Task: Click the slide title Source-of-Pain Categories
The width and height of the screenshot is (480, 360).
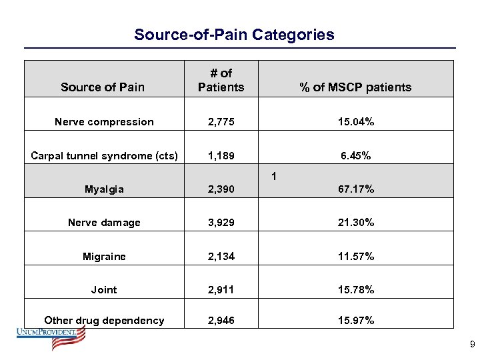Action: pyautogui.click(x=234, y=35)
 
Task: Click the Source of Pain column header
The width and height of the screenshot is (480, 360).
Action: pyautogui.click(x=102, y=87)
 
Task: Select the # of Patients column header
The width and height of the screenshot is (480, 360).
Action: pyautogui.click(x=221, y=80)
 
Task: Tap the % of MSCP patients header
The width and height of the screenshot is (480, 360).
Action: pyautogui.click(x=355, y=87)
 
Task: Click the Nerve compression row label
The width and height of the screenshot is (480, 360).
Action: pyautogui.click(x=104, y=122)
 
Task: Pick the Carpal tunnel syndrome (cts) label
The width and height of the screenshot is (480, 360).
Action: pyautogui.click(x=104, y=156)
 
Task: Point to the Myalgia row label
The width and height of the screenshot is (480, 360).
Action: pyautogui.click(x=104, y=189)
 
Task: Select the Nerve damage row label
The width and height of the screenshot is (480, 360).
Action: pyautogui.click(x=104, y=223)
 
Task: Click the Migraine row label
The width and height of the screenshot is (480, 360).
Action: pyautogui.click(x=104, y=257)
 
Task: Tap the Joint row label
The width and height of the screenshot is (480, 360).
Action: pyautogui.click(x=104, y=290)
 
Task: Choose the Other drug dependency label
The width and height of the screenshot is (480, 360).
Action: pyautogui.click(x=104, y=321)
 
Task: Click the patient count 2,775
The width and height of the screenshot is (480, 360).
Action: pyautogui.click(x=221, y=122)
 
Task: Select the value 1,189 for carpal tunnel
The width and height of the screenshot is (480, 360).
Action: pyautogui.click(x=221, y=156)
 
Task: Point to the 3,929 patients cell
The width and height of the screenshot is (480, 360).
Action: pyautogui.click(x=221, y=223)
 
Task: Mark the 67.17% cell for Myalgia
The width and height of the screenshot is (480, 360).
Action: pyautogui.click(x=355, y=189)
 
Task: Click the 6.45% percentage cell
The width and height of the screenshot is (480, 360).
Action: pyautogui.click(x=355, y=156)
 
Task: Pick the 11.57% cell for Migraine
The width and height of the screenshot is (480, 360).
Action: pyautogui.click(x=355, y=257)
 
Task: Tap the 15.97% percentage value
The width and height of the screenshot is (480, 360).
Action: pyautogui.click(x=355, y=321)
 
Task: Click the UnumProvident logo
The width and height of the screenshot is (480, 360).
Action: pyautogui.click(x=52, y=338)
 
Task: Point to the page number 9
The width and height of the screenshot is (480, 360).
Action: pyautogui.click(x=472, y=345)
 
